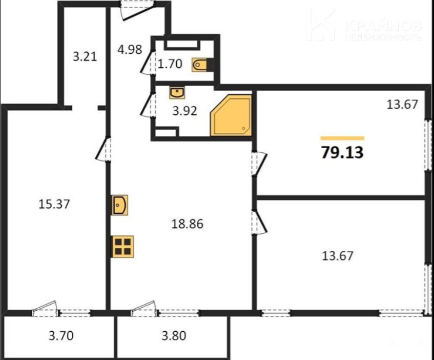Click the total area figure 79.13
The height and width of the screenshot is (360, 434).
(342, 152)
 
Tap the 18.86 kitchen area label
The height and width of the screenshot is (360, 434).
(188, 224)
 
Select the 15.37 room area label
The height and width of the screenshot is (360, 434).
(54, 205)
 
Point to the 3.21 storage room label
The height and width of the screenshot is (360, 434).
(85, 57)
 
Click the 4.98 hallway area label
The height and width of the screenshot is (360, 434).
(130, 50)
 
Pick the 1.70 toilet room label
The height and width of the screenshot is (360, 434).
(170, 64)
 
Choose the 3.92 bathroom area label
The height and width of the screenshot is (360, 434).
(184, 111)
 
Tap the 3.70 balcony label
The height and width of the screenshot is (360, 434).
(61, 336)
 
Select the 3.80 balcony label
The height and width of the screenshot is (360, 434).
(174, 336)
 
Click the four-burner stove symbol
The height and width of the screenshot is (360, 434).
(122, 247)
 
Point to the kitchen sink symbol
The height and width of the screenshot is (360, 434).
(119, 205)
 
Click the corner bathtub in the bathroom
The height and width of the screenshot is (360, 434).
(231, 115)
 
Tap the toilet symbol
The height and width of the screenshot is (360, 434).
(199, 65)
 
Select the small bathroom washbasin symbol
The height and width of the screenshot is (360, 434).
(177, 92)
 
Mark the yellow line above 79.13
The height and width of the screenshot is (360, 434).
(342, 138)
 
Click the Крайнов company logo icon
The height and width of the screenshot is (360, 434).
(321, 25)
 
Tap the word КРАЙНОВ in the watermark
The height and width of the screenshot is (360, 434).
(383, 26)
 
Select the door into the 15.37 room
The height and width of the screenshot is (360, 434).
(103, 149)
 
